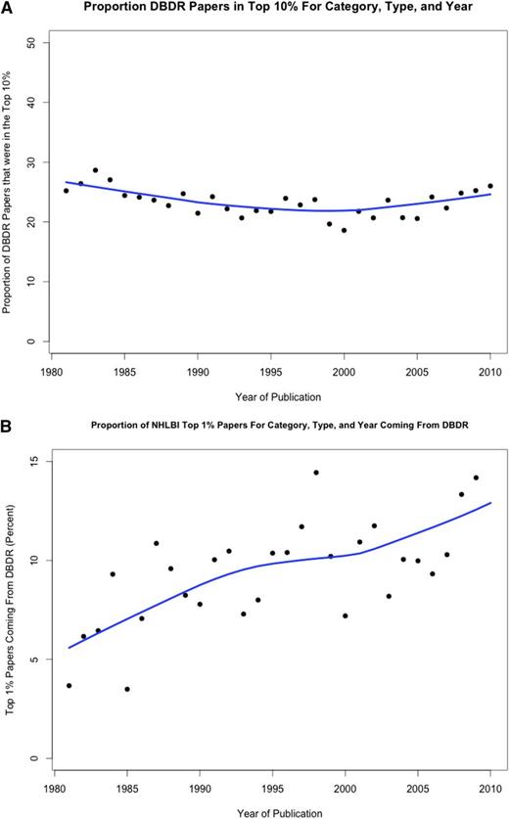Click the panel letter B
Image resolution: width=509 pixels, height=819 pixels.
[x=7, y=402]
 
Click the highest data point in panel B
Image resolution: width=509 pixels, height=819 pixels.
[x=316, y=473]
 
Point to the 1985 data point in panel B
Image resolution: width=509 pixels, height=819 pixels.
[x=126, y=689]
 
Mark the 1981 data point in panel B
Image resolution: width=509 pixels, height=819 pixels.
[x=69, y=685]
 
